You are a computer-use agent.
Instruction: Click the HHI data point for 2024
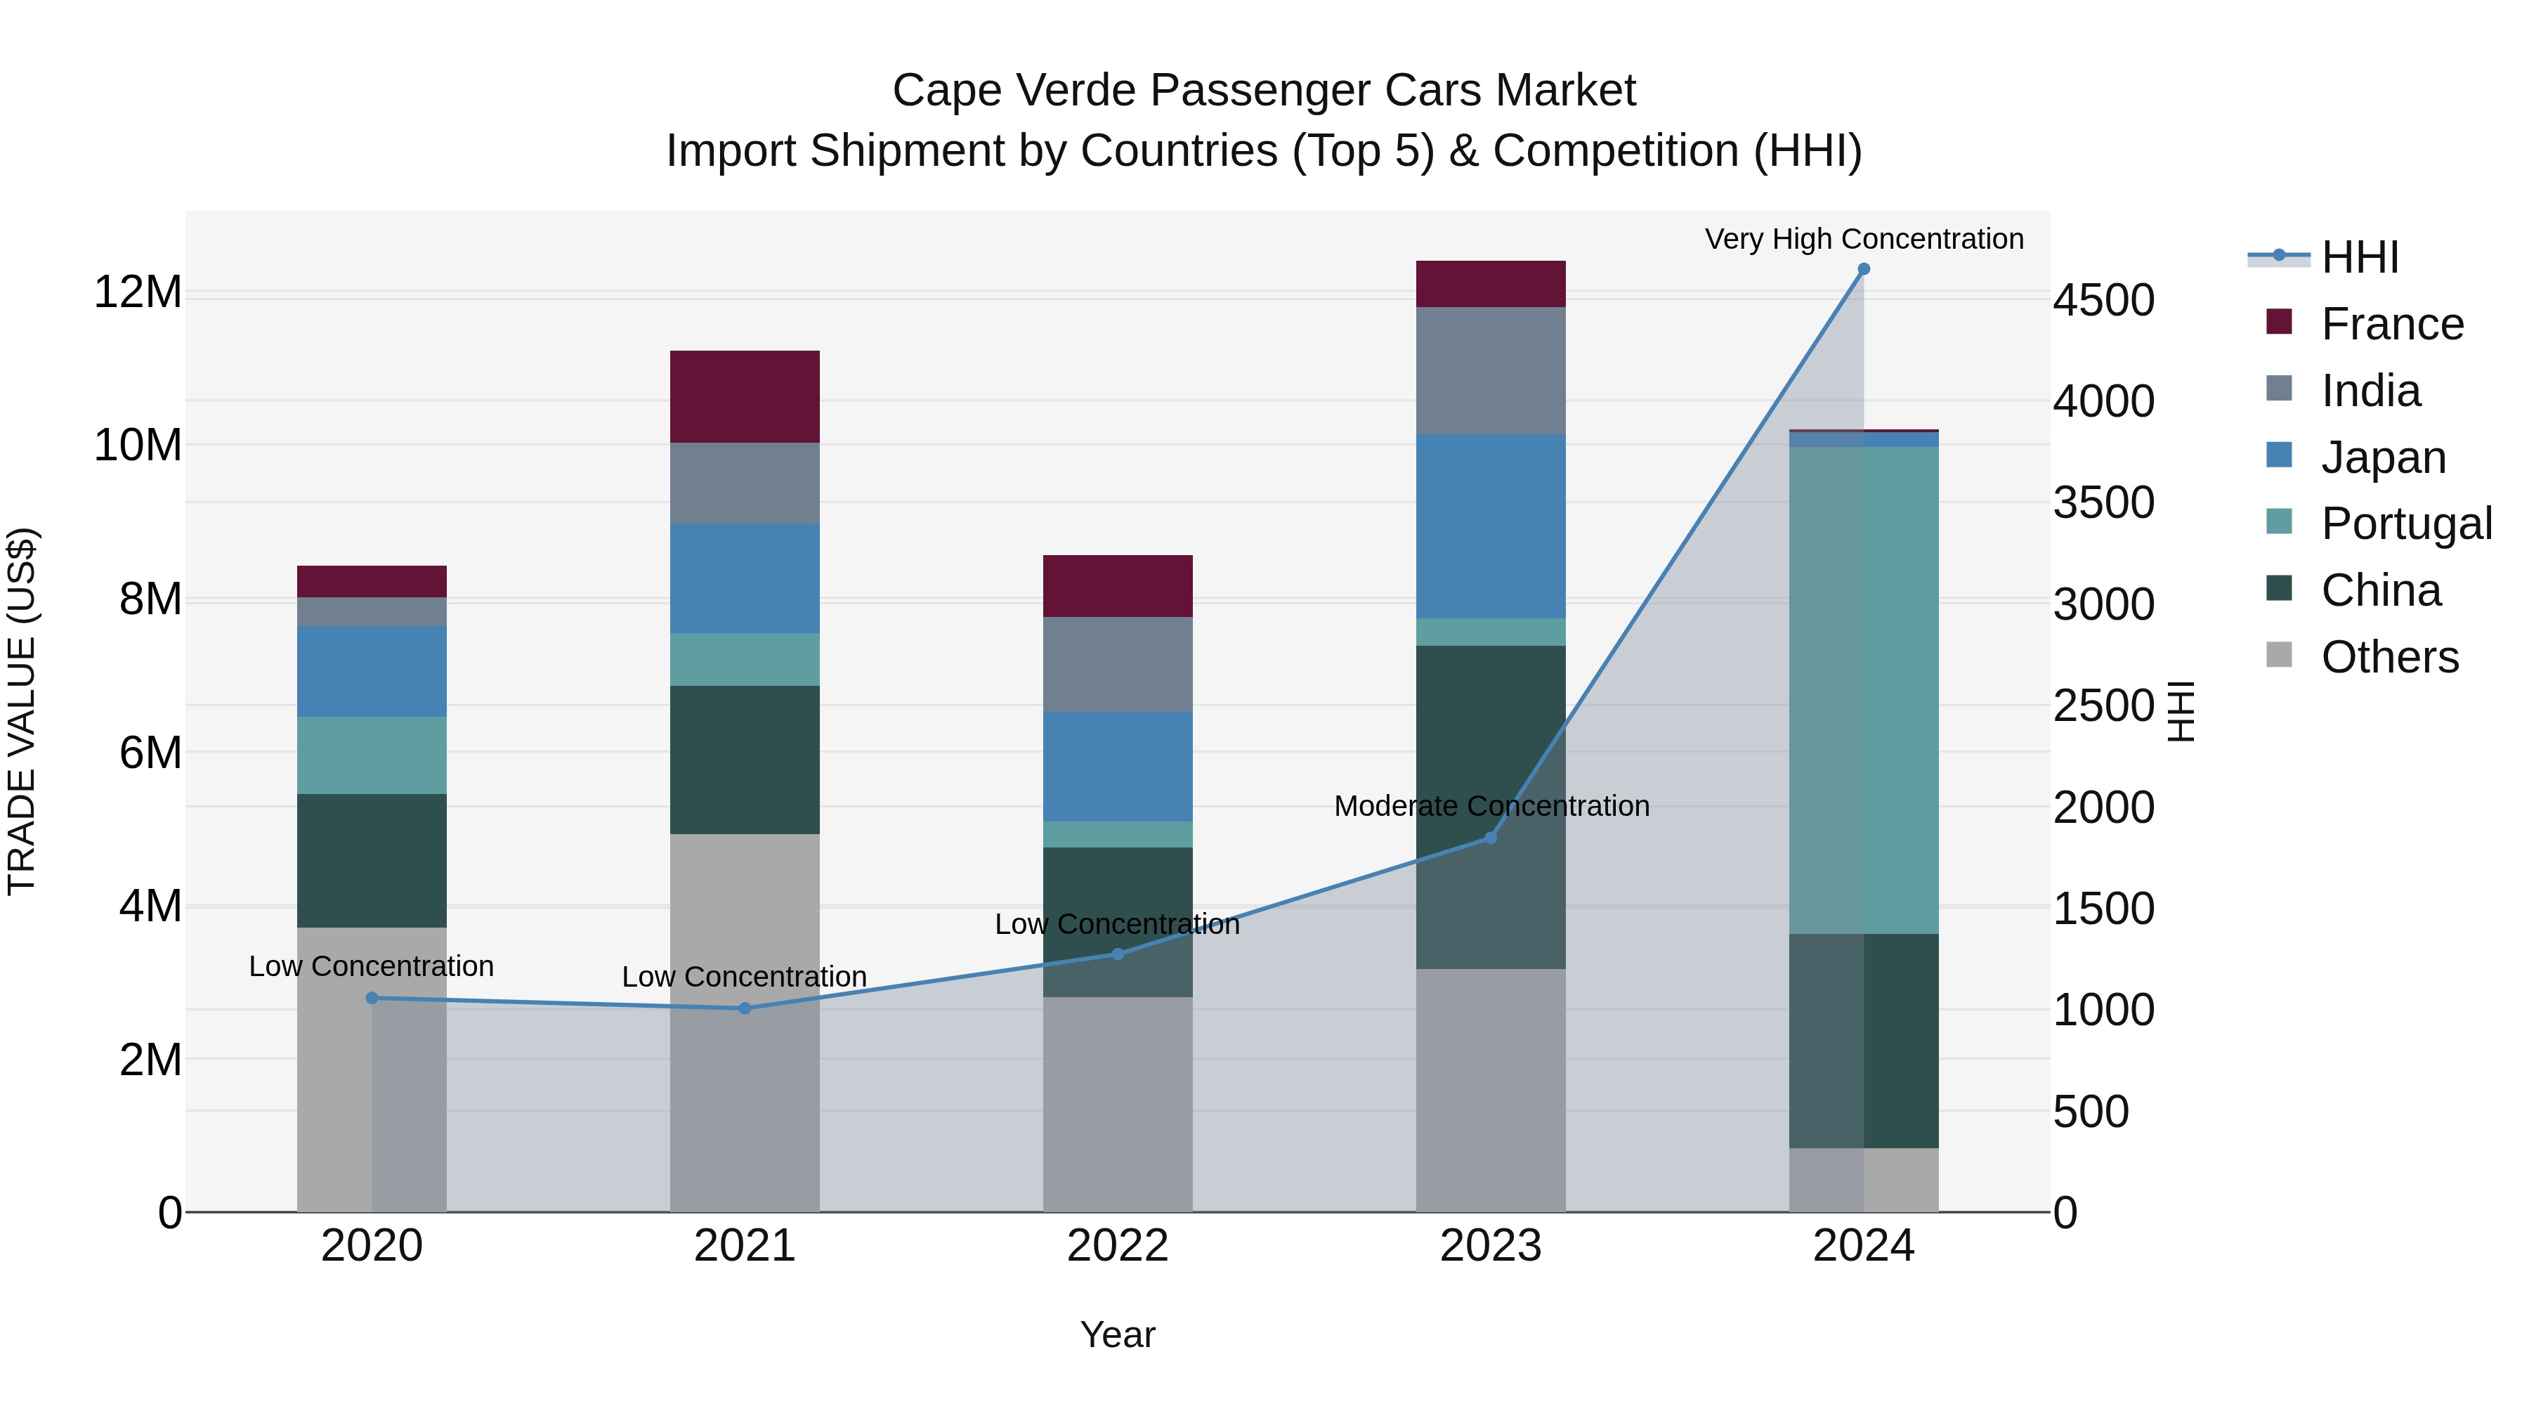(1863, 269)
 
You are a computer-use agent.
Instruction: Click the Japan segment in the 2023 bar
(1490, 526)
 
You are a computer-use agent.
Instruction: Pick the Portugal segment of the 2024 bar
(1863, 689)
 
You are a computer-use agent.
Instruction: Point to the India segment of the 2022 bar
(1117, 664)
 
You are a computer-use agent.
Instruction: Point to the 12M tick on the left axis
(138, 292)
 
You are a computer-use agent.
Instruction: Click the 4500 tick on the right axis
(2104, 301)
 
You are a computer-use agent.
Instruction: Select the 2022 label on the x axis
(1117, 1246)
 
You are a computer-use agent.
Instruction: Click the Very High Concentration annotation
(1863, 239)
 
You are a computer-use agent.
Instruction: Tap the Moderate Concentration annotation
(1490, 806)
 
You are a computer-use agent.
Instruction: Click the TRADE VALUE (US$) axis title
(22, 711)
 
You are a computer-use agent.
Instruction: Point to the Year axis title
(1117, 1334)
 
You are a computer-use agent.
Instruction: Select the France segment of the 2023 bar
(1490, 284)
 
